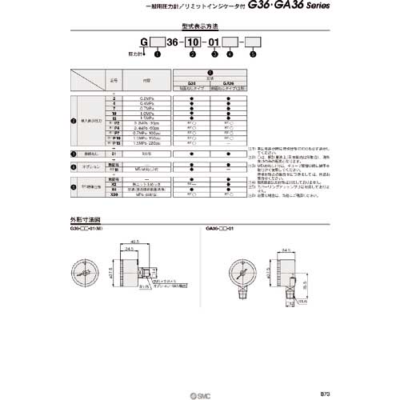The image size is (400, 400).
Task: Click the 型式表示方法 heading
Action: point(199,29)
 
